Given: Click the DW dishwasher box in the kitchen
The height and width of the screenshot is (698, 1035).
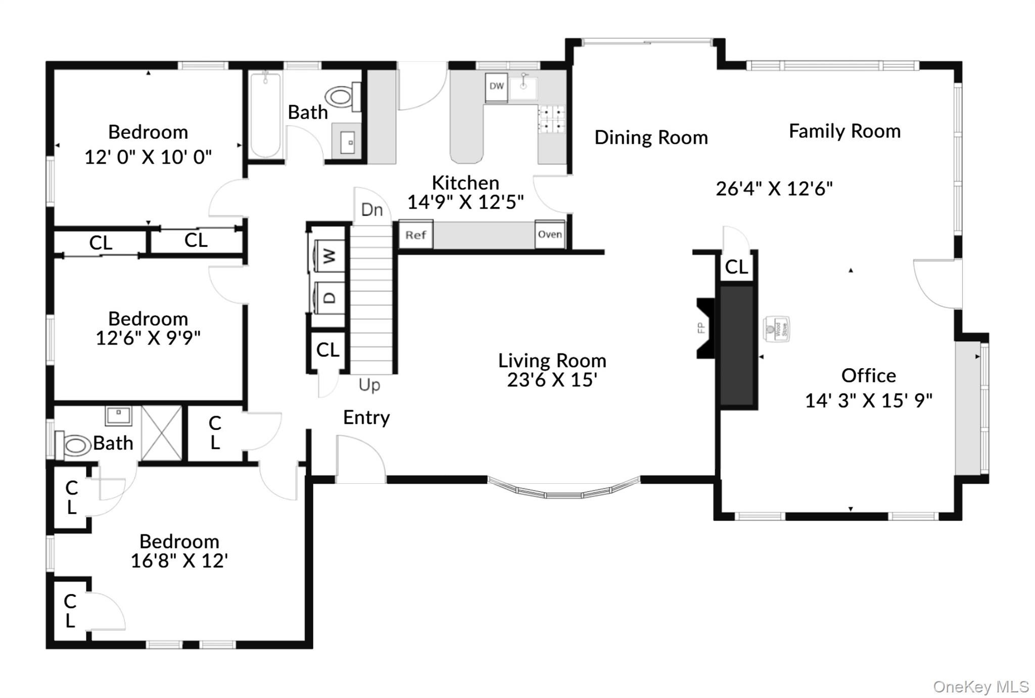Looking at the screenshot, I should (496, 87).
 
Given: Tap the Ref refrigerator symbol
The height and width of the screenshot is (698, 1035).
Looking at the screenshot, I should (415, 235).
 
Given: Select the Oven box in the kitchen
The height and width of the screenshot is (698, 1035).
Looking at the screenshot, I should (549, 234).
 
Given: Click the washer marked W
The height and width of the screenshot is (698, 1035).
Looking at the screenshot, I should (328, 257).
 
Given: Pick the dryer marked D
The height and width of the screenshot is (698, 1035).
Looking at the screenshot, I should (328, 298).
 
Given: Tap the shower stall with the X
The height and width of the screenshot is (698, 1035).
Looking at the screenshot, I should (161, 433).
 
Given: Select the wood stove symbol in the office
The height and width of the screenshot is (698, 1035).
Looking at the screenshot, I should (776, 329).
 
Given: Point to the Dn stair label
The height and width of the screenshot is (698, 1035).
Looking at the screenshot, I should (372, 210).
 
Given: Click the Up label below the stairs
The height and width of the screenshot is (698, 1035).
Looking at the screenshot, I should (369, 385).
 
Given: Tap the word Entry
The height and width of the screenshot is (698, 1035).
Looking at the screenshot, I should (366, 418).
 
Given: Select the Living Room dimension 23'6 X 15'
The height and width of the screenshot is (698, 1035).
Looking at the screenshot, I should (552, 380).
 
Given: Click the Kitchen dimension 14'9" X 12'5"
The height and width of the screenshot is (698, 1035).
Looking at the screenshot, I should (465, 202).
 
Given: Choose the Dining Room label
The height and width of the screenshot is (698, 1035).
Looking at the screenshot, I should (651, 137).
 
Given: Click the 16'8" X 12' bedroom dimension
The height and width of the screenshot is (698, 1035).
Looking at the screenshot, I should (179, 561).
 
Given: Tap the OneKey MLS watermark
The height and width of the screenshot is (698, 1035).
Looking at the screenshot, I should (980, 687).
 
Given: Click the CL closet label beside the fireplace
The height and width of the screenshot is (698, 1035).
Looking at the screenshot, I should (736, 267).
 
